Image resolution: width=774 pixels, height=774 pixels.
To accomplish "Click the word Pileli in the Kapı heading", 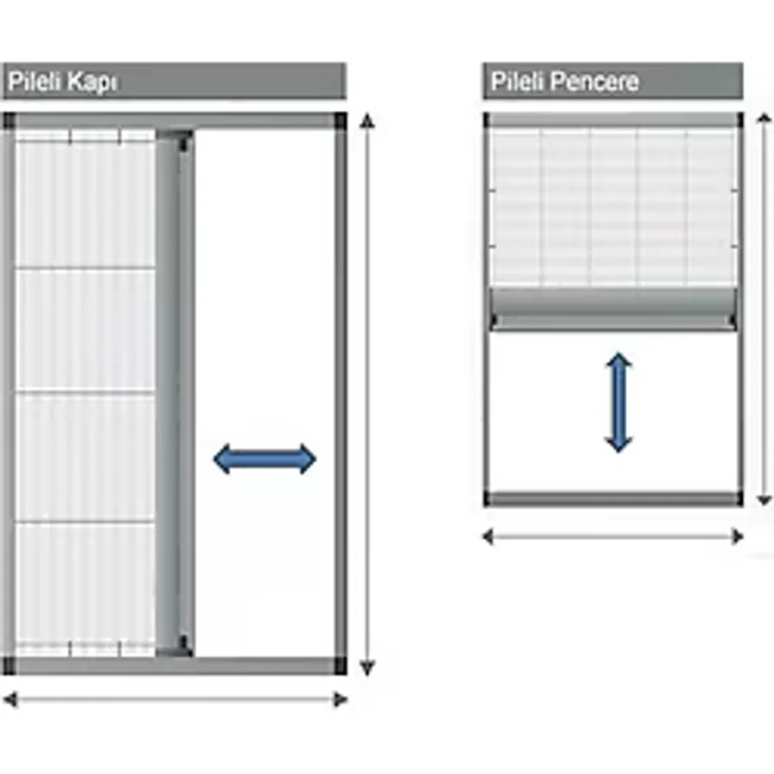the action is pyautogui.click(x=34, y=81).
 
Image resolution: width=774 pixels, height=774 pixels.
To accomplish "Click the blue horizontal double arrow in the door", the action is pyautogui.click(x=265, y=459).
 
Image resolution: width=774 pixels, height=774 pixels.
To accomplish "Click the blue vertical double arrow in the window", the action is pyautogui.click(x=618, y=402).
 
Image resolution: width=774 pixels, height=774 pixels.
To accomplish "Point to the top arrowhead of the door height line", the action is pyautogui.click(x=366, y=121).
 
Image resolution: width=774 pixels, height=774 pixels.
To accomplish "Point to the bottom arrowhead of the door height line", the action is pyautogui.click(x=366, y=667).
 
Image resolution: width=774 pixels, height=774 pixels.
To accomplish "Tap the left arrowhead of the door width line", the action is pyautogui.click(x=9, y=699).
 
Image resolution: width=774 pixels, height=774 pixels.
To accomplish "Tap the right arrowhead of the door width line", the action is pyautogui.click(x=340, y=699).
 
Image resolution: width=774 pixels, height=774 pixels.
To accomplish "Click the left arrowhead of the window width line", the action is pyautogui.click(x=488, y=536).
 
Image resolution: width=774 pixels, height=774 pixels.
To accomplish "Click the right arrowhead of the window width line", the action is pyautogui.click(x=738, y=536).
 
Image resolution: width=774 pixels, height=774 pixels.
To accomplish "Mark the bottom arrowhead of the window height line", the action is pyautogui.click(x=765, y=500).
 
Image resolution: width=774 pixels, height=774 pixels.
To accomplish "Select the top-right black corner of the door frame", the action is pyautogui.click(x=340, y=121).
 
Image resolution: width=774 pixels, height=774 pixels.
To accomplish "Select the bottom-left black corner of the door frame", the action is pyautogui.click(x=9, y=666).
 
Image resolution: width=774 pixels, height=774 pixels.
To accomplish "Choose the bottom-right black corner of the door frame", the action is pyautogui.click(x=340, y=666).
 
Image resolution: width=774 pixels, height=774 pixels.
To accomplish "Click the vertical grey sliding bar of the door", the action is pyautogui.click(x=175, y=393).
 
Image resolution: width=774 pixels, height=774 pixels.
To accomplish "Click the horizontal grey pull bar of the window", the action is pyautogui.click(x=613, y=309).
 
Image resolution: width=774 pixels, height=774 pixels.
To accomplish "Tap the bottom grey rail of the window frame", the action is pyautogui.click(x=613, y=499).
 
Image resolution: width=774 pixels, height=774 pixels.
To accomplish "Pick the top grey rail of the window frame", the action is pyautogui.click(x=613, y=120).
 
